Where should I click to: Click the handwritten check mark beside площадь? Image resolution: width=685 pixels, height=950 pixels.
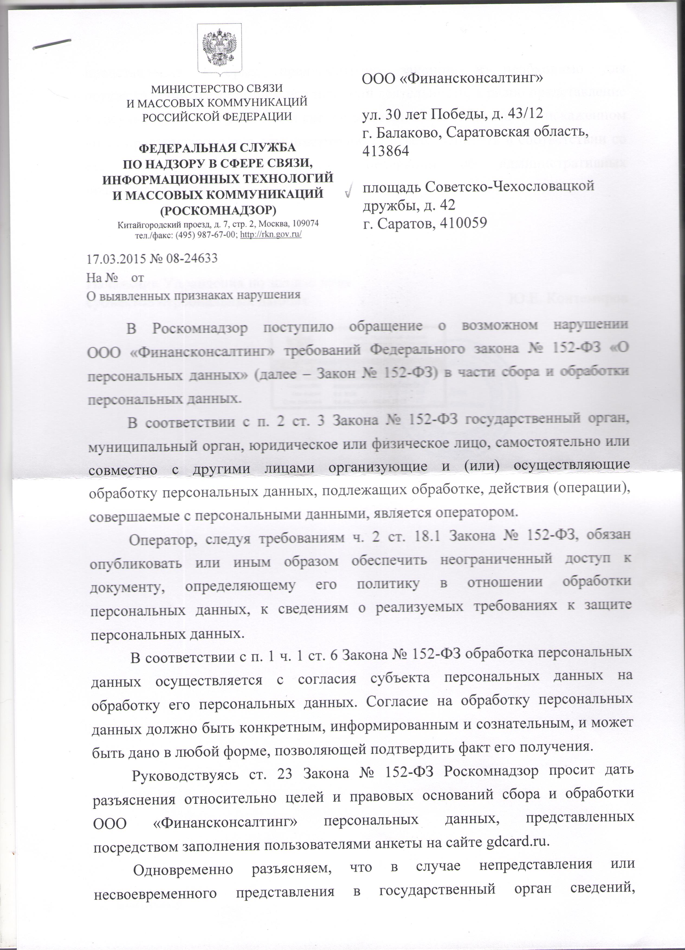[x=348, y=192]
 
